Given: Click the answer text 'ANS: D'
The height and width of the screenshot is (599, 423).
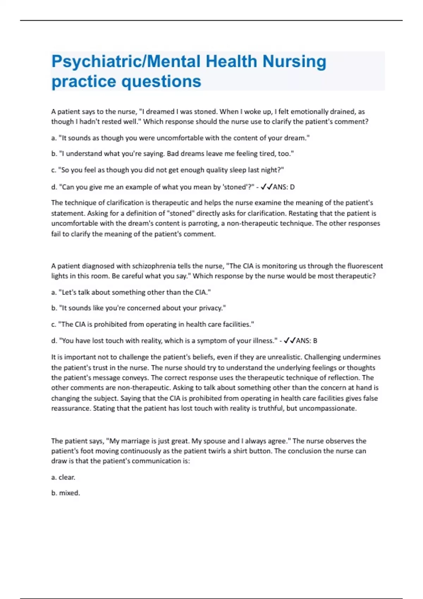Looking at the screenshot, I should click(284, 187).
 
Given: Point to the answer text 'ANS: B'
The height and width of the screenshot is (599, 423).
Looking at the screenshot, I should click(306, 341).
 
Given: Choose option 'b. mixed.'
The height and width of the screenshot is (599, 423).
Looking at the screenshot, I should click(66, 493).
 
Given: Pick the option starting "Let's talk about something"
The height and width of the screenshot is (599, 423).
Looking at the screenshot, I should click(131, 292).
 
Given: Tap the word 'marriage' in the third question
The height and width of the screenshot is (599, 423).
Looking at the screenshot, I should click(135, 441).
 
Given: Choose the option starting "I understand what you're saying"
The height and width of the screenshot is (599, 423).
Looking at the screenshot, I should click(173, 154).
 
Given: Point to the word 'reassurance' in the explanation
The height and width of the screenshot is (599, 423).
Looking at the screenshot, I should click(70, 408).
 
